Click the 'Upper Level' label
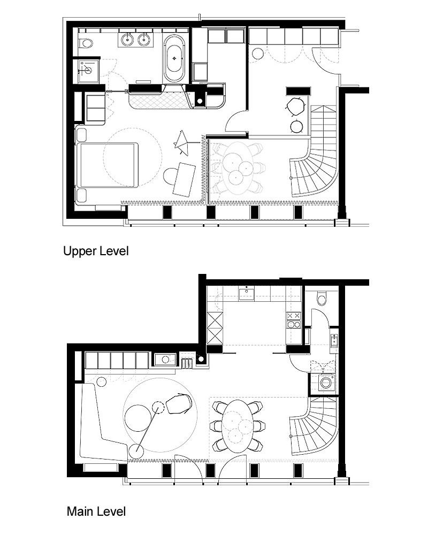coord(96,251)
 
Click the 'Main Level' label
coord(96,511)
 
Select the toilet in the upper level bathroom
coord(86,42)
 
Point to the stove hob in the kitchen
coord(294,320)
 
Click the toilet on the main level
coord(321,297)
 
